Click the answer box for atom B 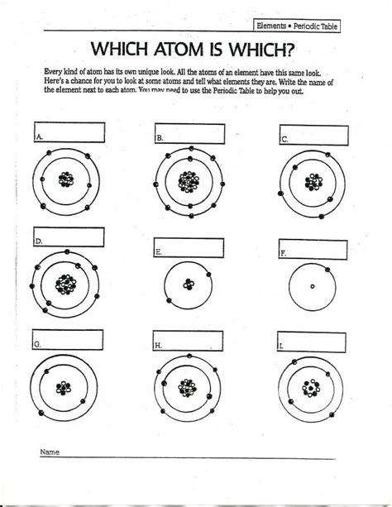[x=189, y=133]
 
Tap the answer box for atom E [x=189, y=246]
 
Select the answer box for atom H [x=189, y=340]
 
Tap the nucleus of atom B [x=189, y=179]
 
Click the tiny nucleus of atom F [x=312, y=287]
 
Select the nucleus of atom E [x=189, y=285]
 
